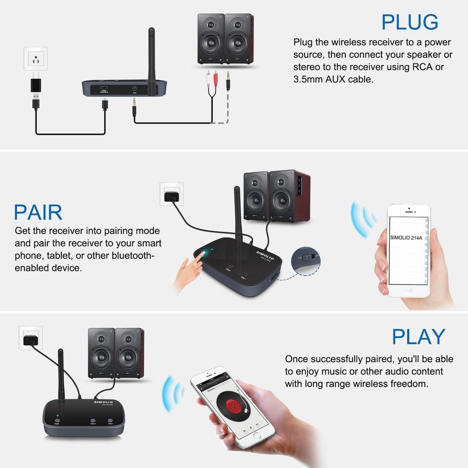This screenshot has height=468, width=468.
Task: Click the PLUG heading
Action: [x=409, y=22]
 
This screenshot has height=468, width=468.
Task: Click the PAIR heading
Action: [x=38, y=212]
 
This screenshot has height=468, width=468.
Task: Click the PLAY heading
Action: [x=418, y=336]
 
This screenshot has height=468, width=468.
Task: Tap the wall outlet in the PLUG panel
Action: [x=36, y=58]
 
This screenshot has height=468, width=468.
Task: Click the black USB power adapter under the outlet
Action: [x=36, y=86]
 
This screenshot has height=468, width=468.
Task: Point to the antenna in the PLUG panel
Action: [x=152, y=56]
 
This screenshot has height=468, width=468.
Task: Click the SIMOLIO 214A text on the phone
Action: [x=407, y=237]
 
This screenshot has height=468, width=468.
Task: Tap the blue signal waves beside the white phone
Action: [x=362, y=219]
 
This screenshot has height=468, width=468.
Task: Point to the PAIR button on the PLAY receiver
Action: [x=57, y=421]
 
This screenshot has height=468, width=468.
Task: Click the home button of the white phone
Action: [x=408, y=291]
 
